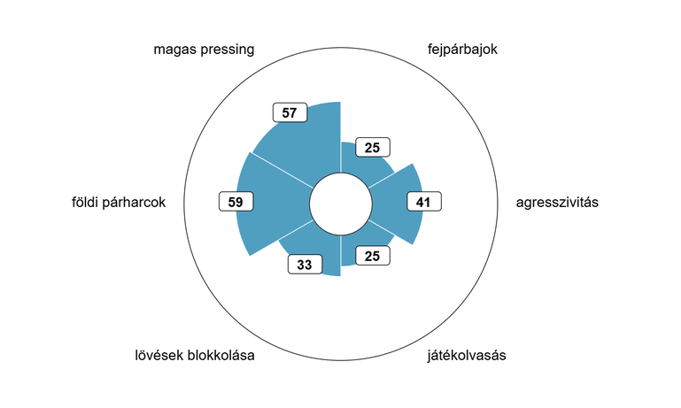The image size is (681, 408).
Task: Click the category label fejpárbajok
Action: coord(462,50)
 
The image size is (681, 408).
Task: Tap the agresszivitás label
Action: coord(557,203)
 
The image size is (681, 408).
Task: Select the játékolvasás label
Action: coord(467,356)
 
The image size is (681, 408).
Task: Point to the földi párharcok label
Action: coord(119,203)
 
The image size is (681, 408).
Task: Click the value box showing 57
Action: coord(290,113)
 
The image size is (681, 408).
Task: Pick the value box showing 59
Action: coord(236,202)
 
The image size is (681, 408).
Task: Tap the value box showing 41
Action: coord(424,202)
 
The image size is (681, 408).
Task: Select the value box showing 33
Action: coord(305,265)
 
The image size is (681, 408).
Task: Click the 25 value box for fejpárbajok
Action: coord(373,148)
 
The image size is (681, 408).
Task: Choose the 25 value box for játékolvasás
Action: coord(373,256)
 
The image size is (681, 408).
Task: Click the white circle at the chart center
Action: coord(341,204)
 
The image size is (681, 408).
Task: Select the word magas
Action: coord(175,50)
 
